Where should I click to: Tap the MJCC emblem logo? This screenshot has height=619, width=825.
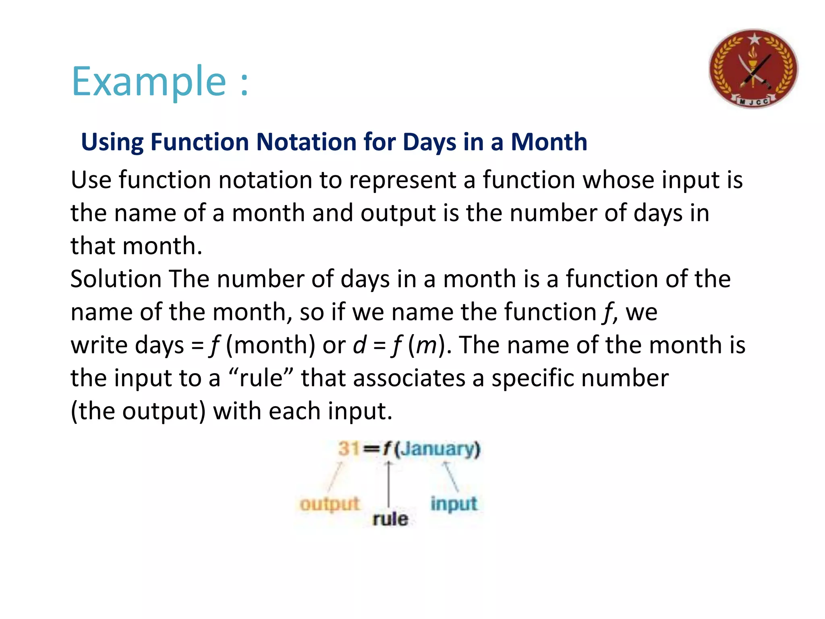pyautogui.click(x=753, y=69)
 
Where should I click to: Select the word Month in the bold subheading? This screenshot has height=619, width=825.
pyautogui.click(x=549, y=142)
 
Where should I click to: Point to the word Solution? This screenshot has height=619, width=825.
pyautogui.click(x=116, y=279)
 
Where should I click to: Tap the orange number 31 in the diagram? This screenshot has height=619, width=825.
pyautogui.click(x=348, y=449)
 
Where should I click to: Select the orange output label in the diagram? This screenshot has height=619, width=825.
pyautogui.click(x=330, y=504)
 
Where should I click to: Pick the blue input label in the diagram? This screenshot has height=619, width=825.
pyautogui.click(x=454, y=504)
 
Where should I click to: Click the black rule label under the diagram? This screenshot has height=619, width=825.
pyautogui.click(x=390, y=519)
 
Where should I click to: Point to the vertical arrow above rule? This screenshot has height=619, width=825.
pyautogui.click(x=388, y=484)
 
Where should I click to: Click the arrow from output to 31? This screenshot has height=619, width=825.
pyautogui.click(x=334, y=477)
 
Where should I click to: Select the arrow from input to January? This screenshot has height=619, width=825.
pyautogui.click(x=451, y=477)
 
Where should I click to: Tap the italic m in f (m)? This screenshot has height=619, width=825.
pyautogui.click(x=426, y=345)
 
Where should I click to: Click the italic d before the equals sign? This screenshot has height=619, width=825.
pyautogui.click(x=359, y=345)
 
